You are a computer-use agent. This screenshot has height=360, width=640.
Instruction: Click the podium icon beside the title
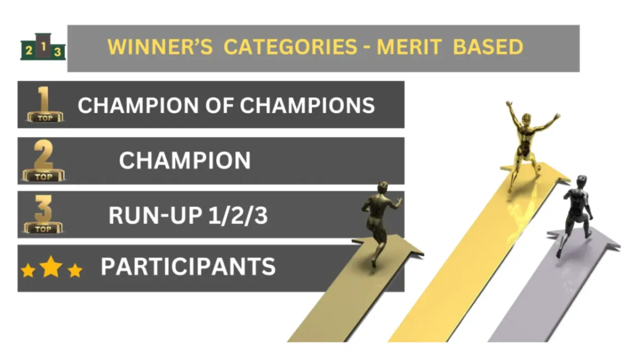[43, 47]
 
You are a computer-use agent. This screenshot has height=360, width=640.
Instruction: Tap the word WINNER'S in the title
[160, 47]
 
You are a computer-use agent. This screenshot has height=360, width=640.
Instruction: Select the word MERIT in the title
[409, 47]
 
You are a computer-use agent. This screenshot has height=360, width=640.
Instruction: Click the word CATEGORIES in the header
[290, 47]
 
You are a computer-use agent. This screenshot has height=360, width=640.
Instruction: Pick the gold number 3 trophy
[43, 214]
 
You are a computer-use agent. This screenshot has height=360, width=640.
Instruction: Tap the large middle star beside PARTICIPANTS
[51, 266]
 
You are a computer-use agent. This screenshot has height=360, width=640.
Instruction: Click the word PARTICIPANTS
[188, 267]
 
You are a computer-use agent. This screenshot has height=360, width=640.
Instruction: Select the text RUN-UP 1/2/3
[188, 215]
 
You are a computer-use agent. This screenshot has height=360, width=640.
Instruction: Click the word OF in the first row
[219, 105]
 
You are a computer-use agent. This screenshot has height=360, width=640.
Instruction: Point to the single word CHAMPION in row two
[185, 161]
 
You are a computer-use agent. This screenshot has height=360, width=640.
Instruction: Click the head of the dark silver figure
[581, 181]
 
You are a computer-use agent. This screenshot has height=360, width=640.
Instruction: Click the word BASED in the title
[489, 47]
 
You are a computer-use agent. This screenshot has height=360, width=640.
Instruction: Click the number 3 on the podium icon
[58, 52]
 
